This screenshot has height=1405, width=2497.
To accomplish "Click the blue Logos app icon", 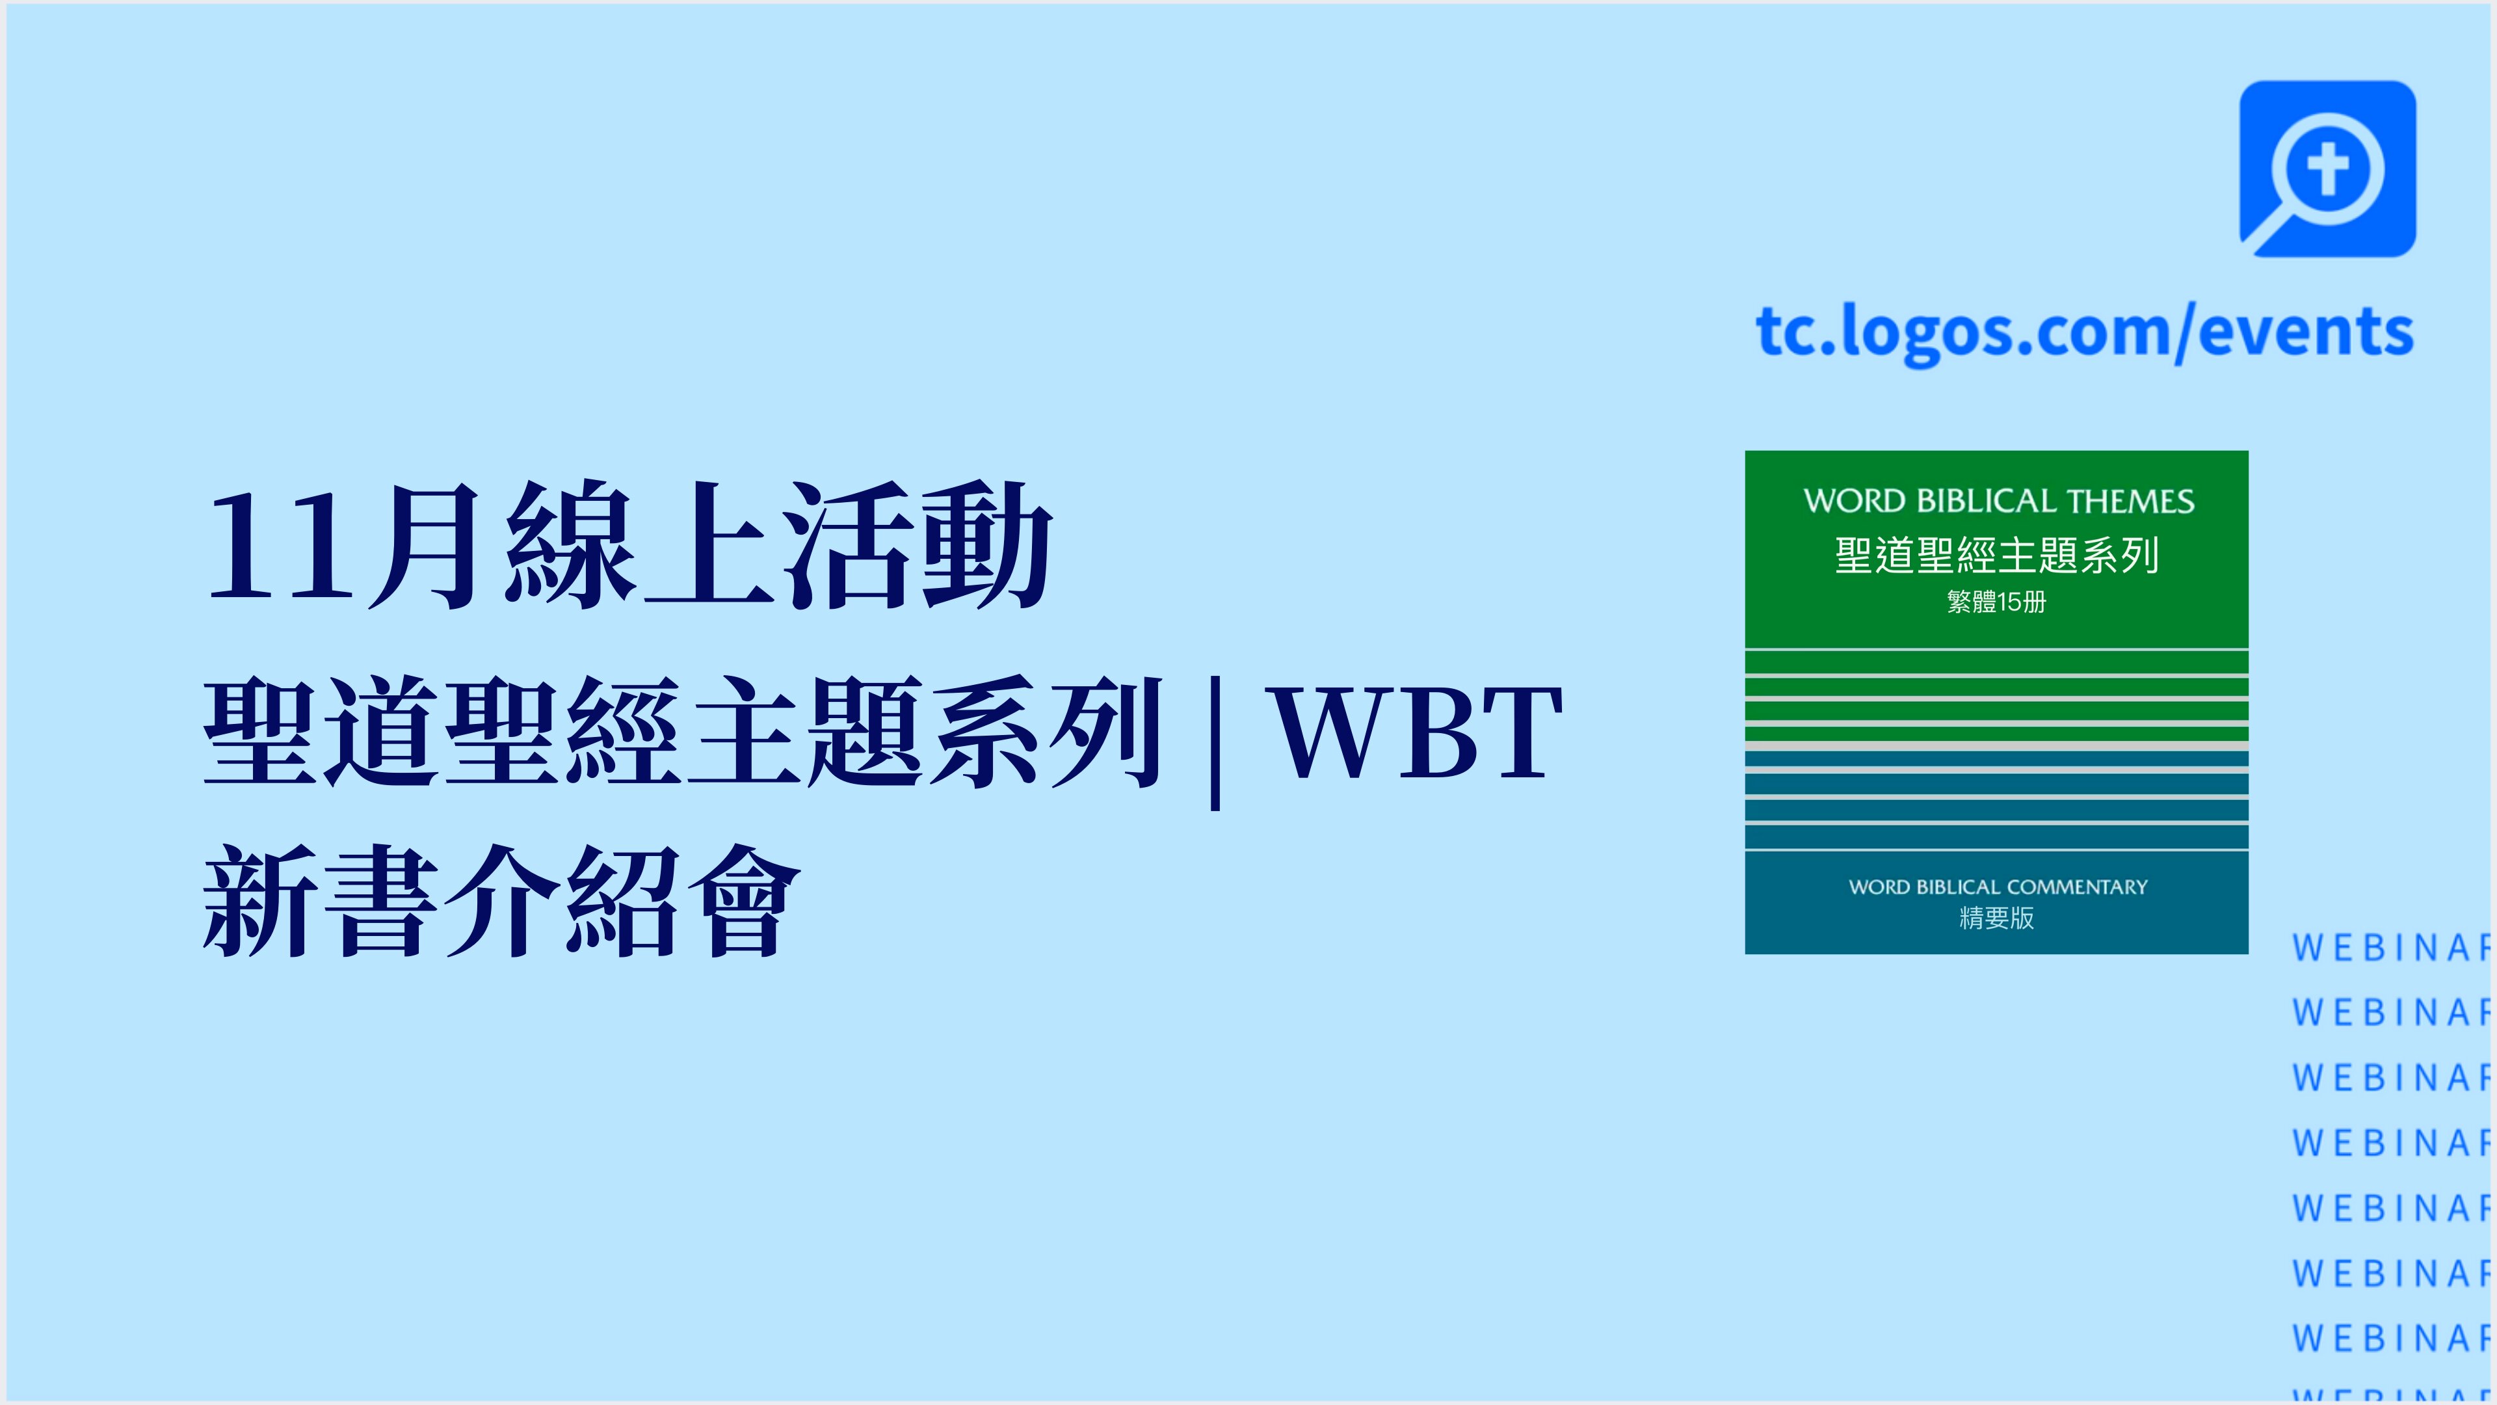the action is pyautogui.click(x=2327, y=168).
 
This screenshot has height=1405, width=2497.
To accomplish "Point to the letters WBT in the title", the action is pyautogui.click(x=1417, y=731).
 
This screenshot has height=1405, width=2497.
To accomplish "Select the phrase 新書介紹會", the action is pyautogui.click(x=502, y=901).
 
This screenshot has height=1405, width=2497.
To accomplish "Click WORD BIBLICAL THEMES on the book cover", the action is pyautogui.click(x=1998, y=502).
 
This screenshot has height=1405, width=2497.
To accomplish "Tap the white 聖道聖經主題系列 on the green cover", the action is pyautogui.click(x=1997, y=555).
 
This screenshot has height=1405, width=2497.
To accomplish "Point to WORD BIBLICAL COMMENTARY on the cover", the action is pyautogui.click(x=1998, y=887).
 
